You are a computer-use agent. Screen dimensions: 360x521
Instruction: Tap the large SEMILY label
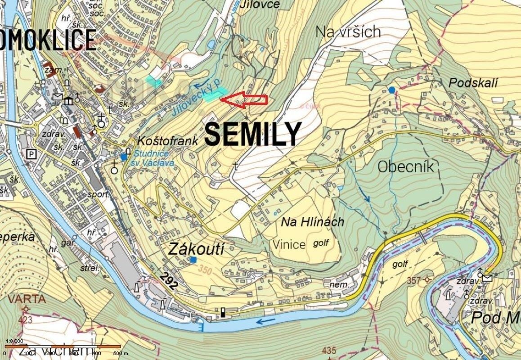point(253,134)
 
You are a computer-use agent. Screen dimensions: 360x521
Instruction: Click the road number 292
point(168,279)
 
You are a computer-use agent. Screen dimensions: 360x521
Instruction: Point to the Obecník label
point(405,166)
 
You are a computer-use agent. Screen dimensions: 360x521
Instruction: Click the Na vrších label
point(348,31)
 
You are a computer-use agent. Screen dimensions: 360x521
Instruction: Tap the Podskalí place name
point(474,82)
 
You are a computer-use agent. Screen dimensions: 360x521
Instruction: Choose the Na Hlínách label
point(312,222)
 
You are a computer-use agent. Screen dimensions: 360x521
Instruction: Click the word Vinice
point(289,244)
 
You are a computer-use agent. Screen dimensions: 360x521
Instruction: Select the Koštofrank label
point(168,141)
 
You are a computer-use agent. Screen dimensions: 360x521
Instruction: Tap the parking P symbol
point(31,154)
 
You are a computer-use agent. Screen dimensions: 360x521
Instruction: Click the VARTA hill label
point(26,299)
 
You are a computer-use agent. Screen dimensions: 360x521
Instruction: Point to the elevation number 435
point(329,351)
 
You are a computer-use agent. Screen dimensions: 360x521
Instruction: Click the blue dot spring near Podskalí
point(392,90)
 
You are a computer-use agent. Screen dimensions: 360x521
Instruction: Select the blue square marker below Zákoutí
point(193,260)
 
